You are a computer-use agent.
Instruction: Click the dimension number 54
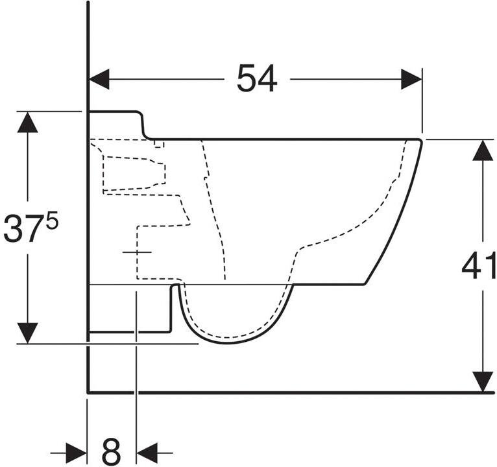click(x=257, y=78)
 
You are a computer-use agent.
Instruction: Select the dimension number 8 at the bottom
click(x=111, y=452)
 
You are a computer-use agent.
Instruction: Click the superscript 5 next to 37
click(x=53, y=219)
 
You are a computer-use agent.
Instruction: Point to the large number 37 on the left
click(x=24, y=228)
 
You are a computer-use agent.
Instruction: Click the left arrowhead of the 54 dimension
click(x=99, y=79)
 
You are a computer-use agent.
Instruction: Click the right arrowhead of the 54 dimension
click(x=411, y=79)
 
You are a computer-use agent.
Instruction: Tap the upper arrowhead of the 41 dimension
click(x=483, y=150)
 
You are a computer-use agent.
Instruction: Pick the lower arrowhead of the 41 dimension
click(x=483, y=381)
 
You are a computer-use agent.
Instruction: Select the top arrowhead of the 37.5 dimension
click(x=28, y=123)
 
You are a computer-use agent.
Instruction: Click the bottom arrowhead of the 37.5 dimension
click(x=28, y=333)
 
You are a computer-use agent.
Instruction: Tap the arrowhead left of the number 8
click(x=76, y=453)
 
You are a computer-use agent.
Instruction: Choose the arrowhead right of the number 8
click(x=147, y=453)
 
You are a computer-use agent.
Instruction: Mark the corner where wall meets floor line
click(x=88, y=392)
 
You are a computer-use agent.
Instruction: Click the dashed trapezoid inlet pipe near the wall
click(x=134, y=174)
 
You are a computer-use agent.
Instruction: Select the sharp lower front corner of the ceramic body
click(x=365, y=285)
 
